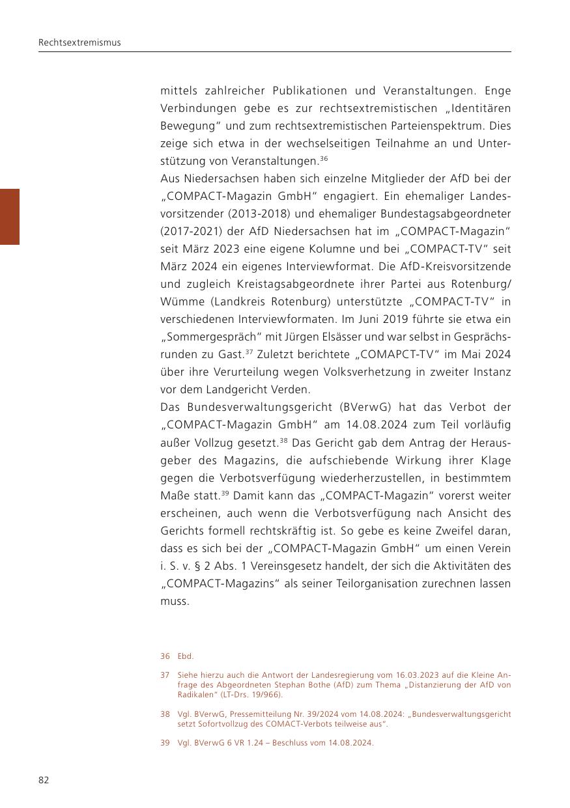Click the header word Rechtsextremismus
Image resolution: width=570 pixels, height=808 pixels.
tap(79, 43)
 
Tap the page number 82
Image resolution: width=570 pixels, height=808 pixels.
tap(44, 780)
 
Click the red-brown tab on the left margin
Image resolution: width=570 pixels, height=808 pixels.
tap(10, 216)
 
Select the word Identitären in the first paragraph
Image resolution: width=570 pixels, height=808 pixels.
tap(479, 107)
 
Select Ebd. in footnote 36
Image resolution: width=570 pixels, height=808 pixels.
tap(186, 656)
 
